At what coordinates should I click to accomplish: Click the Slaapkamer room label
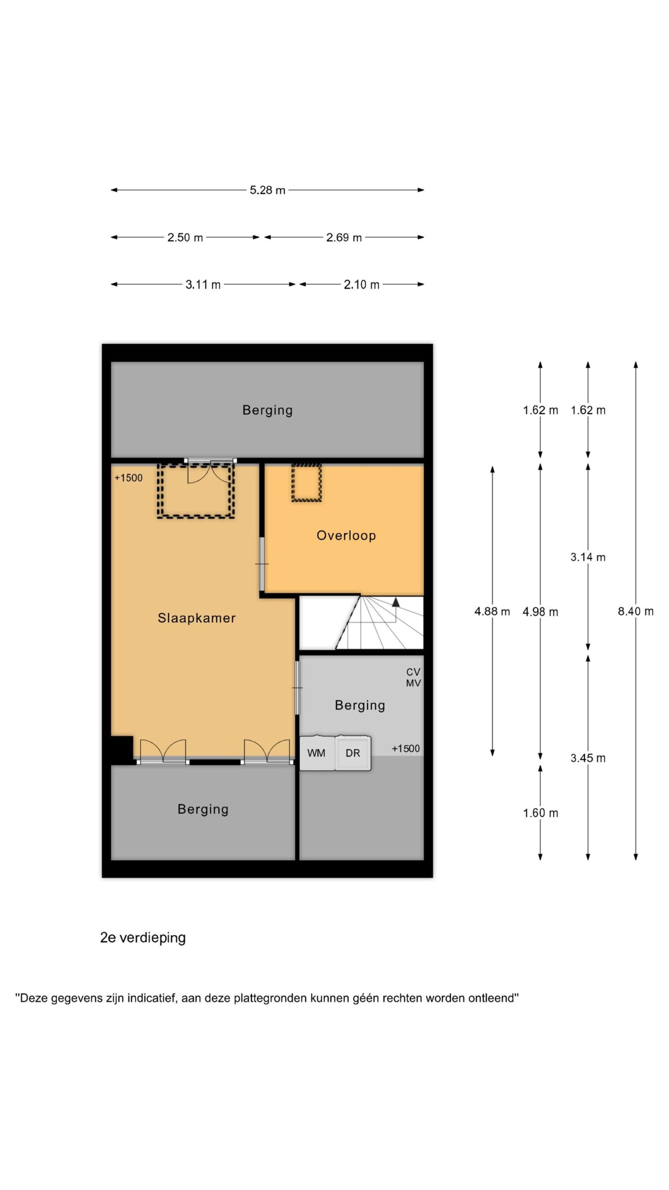pyautogui.click(x=197, y=618)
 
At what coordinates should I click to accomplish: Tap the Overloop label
pyautogui.click(x=346, y=535)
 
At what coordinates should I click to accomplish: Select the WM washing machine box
pyautogui.click(x=317, y=753)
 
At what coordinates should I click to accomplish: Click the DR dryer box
pyautogui.click(x=353, y=753)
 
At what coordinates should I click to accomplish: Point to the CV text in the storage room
pyautogui.click(x=413, y=672)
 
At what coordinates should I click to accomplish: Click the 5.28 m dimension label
pyautogui.click(x=268, y=190)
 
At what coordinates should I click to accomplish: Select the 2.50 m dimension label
pyautogui.click(x=185, y=238)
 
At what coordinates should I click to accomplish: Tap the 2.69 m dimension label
pyautogui.click(x=344, y=238)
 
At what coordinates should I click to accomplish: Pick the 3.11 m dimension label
pyautogui.click(x=203, y=284)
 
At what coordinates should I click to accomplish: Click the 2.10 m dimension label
pyautogui.click(x=361, y=284)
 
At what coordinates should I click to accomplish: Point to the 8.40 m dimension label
pyautogui.click(x=636, y=611)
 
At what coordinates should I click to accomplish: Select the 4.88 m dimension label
pyautogui.click(x=492, y=611)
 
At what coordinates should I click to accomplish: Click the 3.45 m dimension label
pyautogui.click(x=588, y=758)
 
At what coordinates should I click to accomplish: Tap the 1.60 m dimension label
pyautogui.click(x=541, y=813)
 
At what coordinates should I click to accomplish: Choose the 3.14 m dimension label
pyautogui.click(x=588, y=557)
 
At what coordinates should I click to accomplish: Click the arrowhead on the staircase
pyautogui.click(x=396, y=602)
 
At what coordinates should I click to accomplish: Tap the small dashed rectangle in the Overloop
pyautogui.click(x=307, y=483)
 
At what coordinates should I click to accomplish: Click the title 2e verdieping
pyautogui.click(x=143, y=938)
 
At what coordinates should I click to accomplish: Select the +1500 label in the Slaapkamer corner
pyautogui.click(x=129, y=478)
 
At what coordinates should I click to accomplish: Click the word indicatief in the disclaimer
pyautogui.click(x=151, y=998)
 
